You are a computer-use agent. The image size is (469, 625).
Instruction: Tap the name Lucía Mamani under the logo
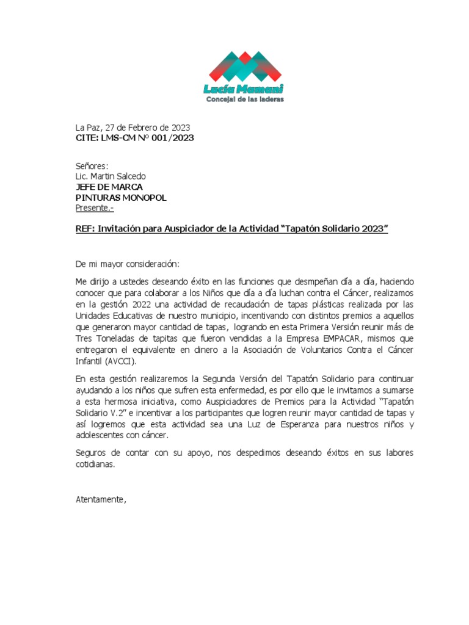(244, 89)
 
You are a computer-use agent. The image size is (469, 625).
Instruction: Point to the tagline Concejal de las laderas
(244, 99)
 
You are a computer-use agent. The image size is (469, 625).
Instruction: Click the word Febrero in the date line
(141, 128)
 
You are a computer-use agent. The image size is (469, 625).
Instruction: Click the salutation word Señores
(91, 166)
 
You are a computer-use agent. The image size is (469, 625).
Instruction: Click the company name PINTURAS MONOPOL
(120, 198)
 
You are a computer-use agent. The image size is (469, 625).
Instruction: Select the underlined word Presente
(94, 208)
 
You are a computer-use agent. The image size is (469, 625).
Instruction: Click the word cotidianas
(95, 464)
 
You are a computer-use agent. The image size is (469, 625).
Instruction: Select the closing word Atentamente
(100, 500)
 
